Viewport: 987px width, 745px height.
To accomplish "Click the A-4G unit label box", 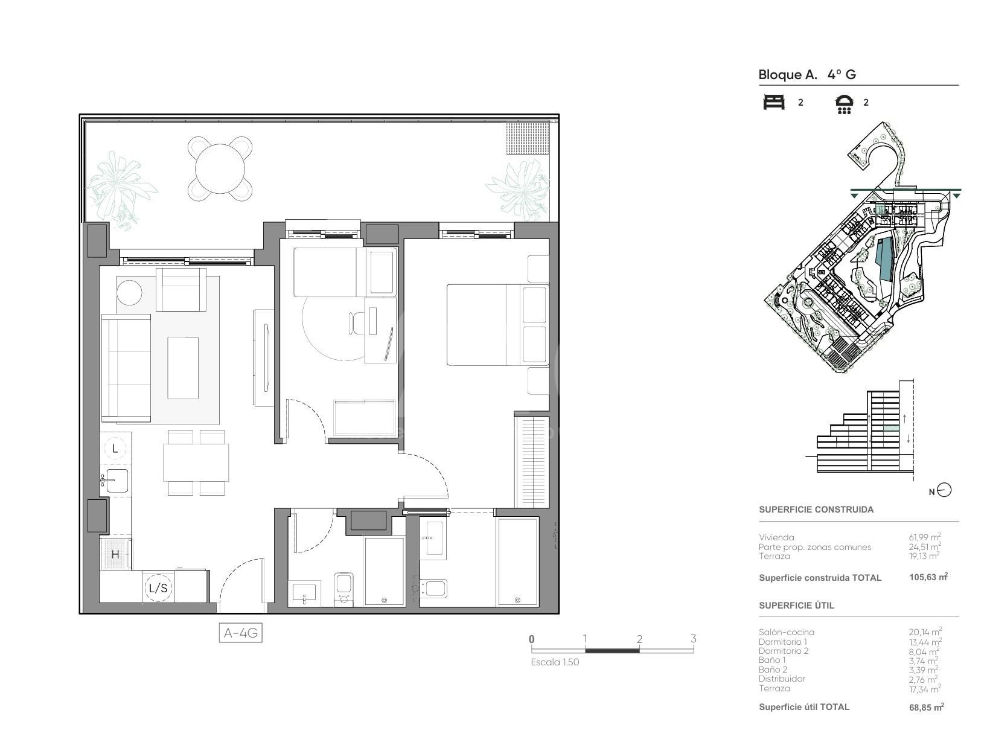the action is [241, 633].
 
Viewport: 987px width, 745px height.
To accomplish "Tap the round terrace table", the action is [220, 168].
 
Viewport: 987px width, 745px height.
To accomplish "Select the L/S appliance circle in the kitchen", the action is [158, 587].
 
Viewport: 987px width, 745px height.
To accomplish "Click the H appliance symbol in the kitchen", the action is [115, 554].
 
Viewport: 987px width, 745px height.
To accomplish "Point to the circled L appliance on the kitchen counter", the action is [115, 448].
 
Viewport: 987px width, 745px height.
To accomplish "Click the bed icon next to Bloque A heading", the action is [774, 102].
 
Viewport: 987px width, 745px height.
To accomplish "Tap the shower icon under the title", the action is [844, 104].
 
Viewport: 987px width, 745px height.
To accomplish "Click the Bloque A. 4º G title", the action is [807, 75].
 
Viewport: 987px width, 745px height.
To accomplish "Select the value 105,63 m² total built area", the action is [928, 577].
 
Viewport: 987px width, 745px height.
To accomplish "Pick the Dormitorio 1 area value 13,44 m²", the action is [925, 642].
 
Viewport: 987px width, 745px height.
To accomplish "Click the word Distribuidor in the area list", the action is [782, 679].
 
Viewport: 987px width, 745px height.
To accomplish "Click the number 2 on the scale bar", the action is [639, 639].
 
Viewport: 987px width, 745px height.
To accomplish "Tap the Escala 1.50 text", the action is [555, 662].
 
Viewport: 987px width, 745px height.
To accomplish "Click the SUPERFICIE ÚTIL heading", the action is [796, 606].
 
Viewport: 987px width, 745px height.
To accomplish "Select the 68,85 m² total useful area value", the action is [926, 707].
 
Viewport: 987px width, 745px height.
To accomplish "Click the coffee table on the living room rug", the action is [183, 368].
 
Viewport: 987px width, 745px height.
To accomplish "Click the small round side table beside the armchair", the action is [129, 293].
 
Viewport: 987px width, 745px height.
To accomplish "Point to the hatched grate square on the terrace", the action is [528, 138].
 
